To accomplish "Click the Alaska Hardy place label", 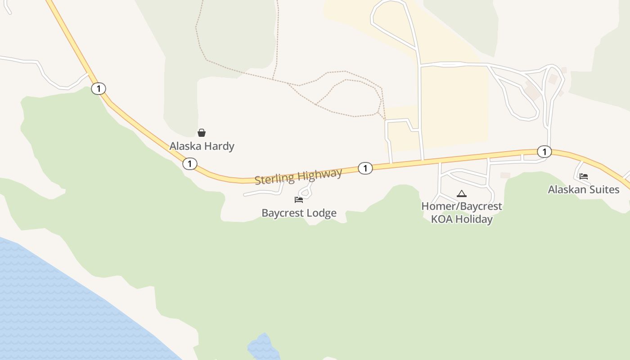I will tap(202, 146).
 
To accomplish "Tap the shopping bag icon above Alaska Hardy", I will tap(202, 133).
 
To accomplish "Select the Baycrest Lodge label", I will tap(299, 213).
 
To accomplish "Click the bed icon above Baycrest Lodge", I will tap(299, 199).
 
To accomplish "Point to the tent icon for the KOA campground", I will tap(461, 194).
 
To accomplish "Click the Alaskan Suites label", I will tap(583, 189).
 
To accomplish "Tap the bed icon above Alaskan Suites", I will tap(584, 176).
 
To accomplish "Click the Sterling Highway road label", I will tap(298, 176).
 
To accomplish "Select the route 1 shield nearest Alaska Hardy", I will tap(190, 164).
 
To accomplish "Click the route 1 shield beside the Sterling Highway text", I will tap(365, 168).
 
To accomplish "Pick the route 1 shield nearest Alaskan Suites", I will tap(544, 152).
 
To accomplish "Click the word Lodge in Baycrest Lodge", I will tap(320, 213).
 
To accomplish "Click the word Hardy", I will tap(219, 146).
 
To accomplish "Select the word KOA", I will tap(442, 220).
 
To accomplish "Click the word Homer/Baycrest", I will tap(461, 207).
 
